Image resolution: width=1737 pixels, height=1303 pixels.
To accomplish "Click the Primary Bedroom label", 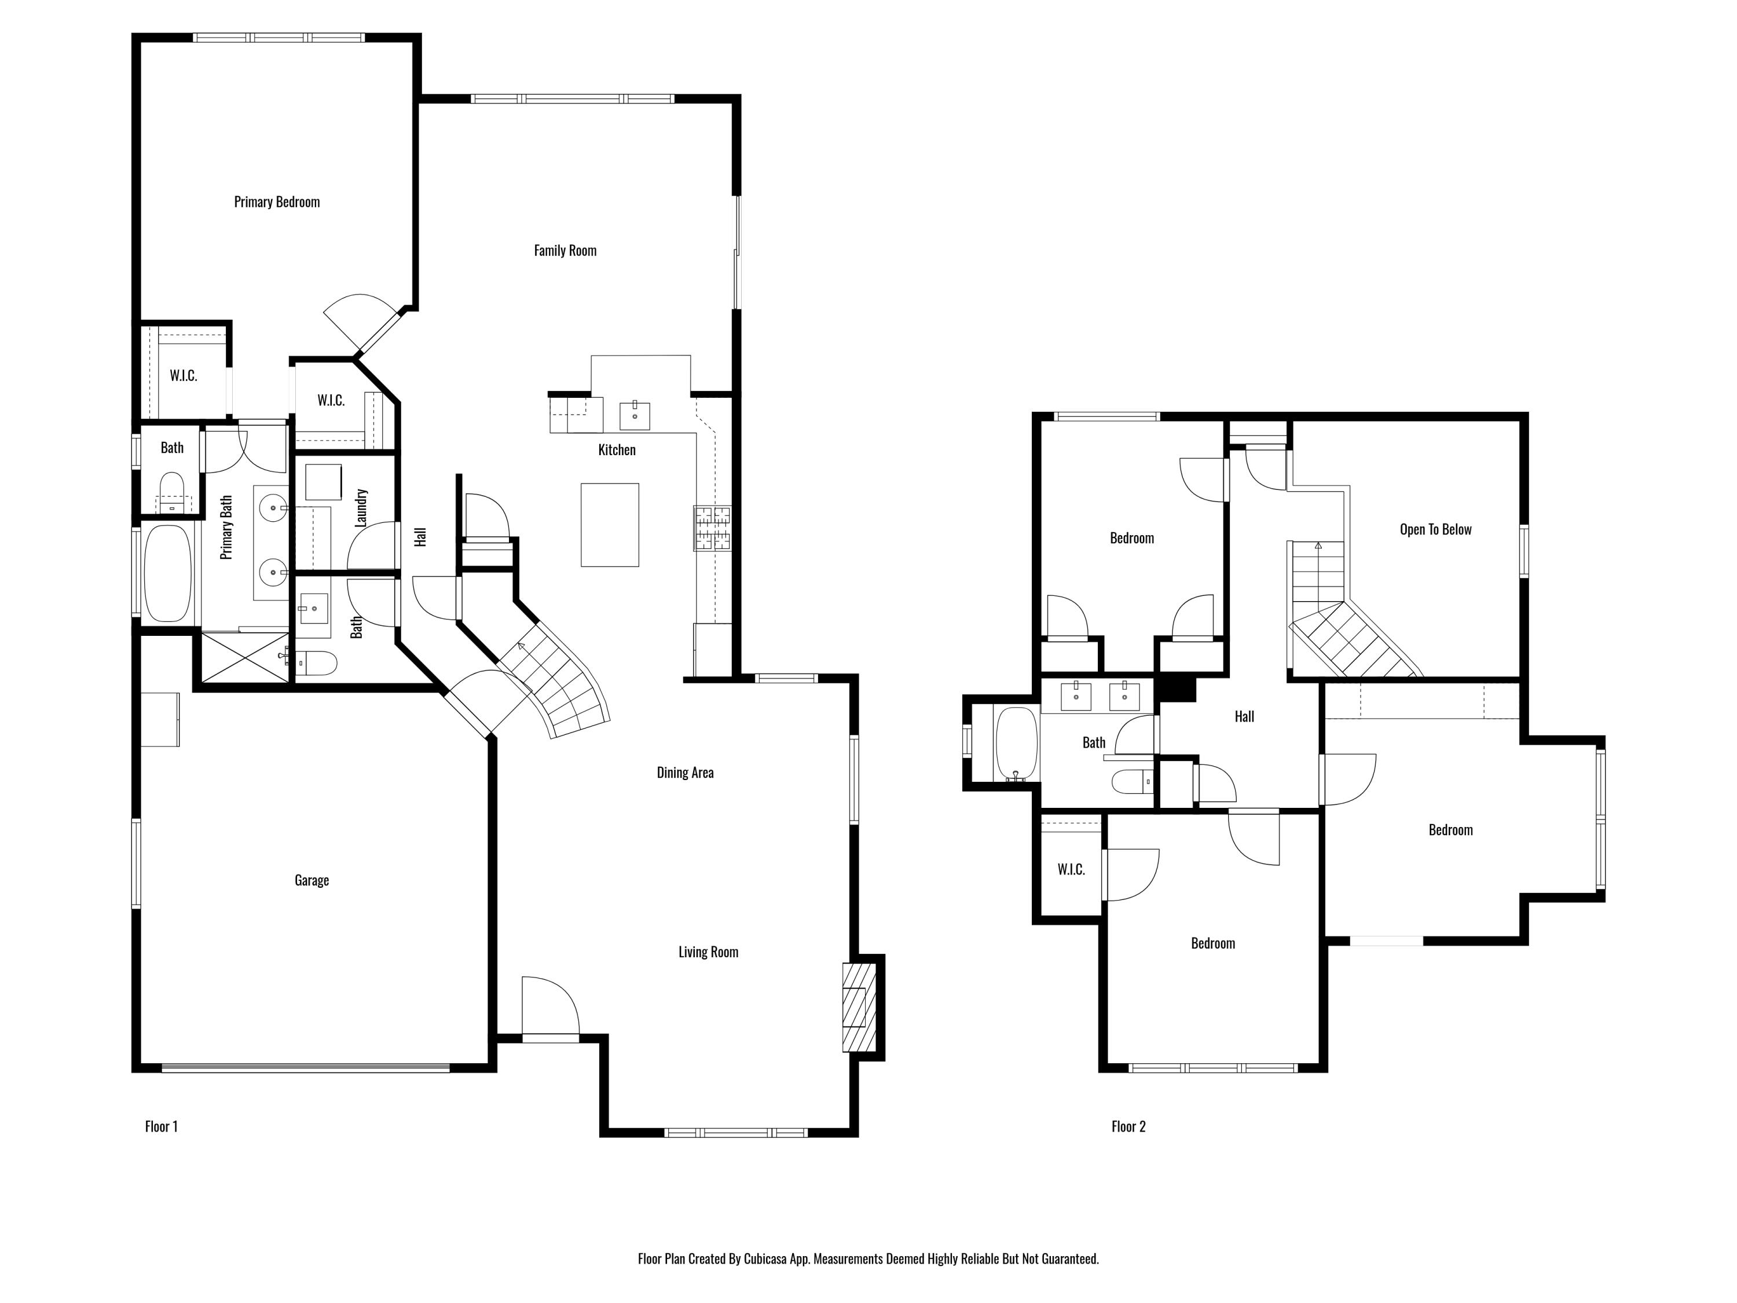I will pyautogui.click(x=276, y=202).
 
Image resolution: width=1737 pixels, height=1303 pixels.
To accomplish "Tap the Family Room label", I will pyautogui.click(x=565, y=251).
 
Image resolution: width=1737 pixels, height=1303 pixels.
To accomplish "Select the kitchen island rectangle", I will pyautogui.click(x=609, y=525).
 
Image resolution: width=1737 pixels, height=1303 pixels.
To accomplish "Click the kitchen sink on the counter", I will pyautogui.click(x=635, y=415).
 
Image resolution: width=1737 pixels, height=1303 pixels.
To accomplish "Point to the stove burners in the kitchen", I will pyautogui.click(x=712, y=528).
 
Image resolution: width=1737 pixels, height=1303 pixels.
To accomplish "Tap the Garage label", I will pyautogui.click(x=311, y=880).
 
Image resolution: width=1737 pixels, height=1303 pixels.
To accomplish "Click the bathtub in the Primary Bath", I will pyautogui.click(x=167, y=573).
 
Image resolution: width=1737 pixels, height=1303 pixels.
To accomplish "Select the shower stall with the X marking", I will pyautogui.click(x=244, y=657).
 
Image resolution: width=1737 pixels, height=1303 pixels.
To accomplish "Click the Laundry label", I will pyautogui.click(x=361, y=507).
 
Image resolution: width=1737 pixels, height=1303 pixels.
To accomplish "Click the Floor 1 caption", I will pyautogui.click(x=161, y=1126).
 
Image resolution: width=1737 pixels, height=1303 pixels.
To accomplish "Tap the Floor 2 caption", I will pyautogui.click(x=1128, y=1126).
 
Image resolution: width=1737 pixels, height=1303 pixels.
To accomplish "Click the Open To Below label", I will pyautogui.click(x=1435, y=529).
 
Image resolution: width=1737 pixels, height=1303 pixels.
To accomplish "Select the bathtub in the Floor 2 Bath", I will pyautogui.click(x=1016, y=744).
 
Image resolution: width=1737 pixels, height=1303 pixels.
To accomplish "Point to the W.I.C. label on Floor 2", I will pyautogui.click(x=1071, y=869).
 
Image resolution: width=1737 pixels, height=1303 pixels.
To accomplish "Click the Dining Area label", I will pyautogui.click(x=685, y=773).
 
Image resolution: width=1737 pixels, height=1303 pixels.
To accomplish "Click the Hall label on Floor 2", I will pyautogui.click(x=1244, y=716).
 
